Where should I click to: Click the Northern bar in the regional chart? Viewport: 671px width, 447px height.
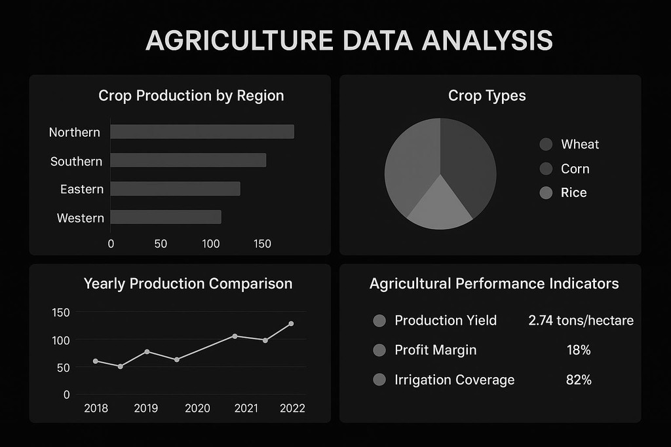point(202,132)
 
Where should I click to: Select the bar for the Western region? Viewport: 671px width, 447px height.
point(166,217)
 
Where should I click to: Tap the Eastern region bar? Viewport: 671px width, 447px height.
point(175,188)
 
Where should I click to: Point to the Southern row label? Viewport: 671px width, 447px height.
point(76,162)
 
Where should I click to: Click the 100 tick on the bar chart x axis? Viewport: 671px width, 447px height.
point(210,243)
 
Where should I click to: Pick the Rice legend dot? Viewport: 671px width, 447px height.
point(546,192)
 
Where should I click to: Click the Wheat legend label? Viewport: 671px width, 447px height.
point(580,145)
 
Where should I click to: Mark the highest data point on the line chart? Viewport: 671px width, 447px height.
point(291,323)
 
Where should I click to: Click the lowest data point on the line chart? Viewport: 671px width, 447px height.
point(121,367)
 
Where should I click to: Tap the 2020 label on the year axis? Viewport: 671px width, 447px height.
point(197,408)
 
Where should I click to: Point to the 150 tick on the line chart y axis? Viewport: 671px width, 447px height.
point(61,312)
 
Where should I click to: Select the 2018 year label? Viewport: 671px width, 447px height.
point(96,408)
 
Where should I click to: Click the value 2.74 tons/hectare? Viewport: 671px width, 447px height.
point(581,321)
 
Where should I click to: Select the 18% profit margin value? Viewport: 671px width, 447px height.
point(579,350)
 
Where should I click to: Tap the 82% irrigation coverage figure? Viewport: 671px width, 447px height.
point(579,380)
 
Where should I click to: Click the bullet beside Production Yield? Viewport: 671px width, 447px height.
point(379,321)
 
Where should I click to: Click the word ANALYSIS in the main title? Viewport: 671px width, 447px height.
point(488,41)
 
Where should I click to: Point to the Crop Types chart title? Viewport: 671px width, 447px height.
point(487,96)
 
